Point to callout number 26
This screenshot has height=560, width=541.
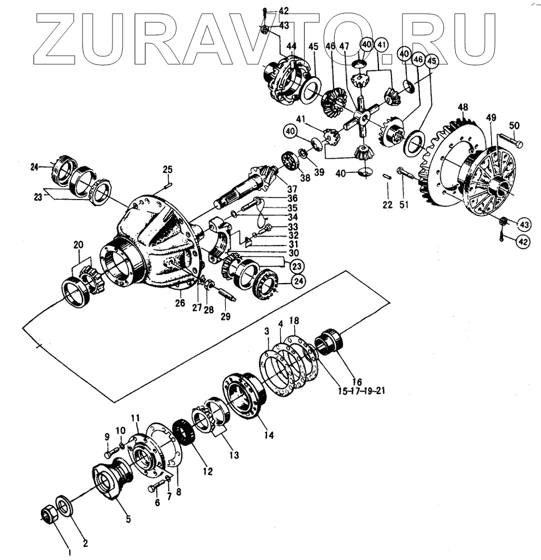[180, 303]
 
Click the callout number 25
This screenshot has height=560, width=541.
[167, 169]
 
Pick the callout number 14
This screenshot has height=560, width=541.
[269, 435]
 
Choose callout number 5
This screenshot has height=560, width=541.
[128, 518]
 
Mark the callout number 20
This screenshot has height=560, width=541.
[78, 244]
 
